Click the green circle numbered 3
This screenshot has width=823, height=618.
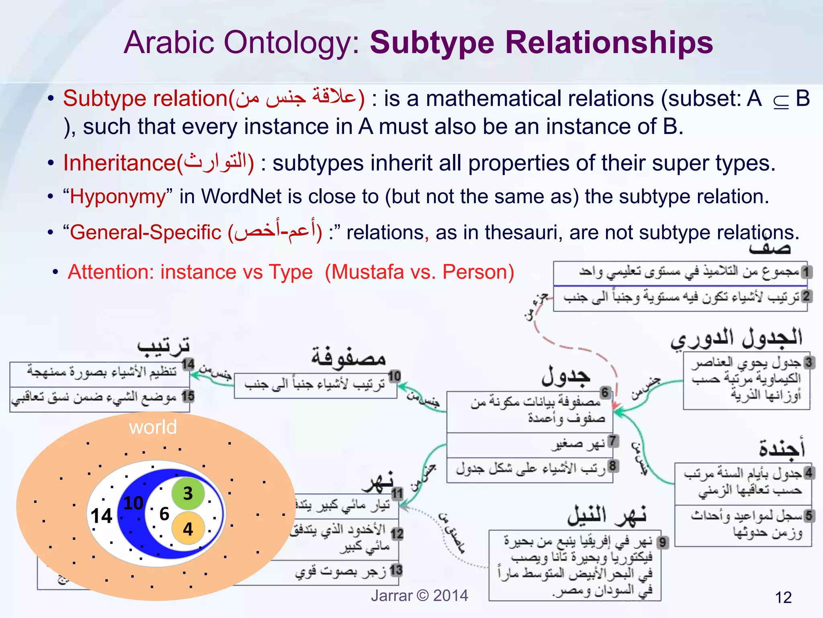point(188,493)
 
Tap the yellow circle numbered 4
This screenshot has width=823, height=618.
point(188,528)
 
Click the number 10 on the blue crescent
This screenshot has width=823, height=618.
point(133,503)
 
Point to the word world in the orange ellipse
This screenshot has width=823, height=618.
point(153,427)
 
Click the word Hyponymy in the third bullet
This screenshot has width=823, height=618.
point(118,197)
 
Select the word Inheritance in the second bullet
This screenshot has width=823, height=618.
point(119,164)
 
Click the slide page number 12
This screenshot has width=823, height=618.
point(783,597)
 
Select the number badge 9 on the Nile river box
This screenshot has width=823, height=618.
point(663,543)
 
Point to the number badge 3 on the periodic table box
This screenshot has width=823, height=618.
point(809,362)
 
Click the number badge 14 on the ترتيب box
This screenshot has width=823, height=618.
point(188,364)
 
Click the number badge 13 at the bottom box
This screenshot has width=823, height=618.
point(396,570)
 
